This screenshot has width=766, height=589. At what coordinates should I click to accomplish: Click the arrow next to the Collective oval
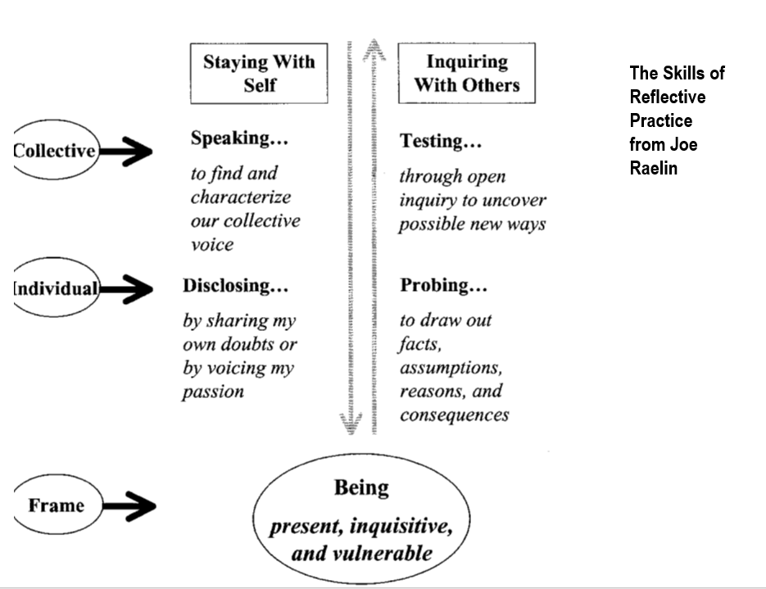[126, 152]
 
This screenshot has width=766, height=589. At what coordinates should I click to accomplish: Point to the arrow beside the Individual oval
[126, 289]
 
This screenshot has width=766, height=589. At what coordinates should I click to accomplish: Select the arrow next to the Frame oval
[129, 506]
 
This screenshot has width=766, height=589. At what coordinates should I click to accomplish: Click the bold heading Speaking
[239, 138]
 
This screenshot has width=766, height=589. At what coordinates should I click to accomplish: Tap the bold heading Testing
[441, 141]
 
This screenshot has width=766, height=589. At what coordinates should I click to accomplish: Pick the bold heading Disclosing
[235, 286]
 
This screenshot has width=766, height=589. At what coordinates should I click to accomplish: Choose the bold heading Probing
[443, 286]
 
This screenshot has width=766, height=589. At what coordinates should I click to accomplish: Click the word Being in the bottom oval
[361, 488]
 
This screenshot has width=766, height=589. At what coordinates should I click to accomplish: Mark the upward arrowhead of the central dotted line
[374, 50]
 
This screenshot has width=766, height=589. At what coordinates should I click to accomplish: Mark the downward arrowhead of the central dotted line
[351, 423]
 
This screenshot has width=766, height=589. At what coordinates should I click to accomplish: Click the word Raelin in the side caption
[654, 168]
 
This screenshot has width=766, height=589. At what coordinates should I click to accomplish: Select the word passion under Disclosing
[213, 392]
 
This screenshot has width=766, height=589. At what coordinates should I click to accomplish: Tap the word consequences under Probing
[455, 415]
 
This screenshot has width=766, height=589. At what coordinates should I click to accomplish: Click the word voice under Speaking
[212, 244]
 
